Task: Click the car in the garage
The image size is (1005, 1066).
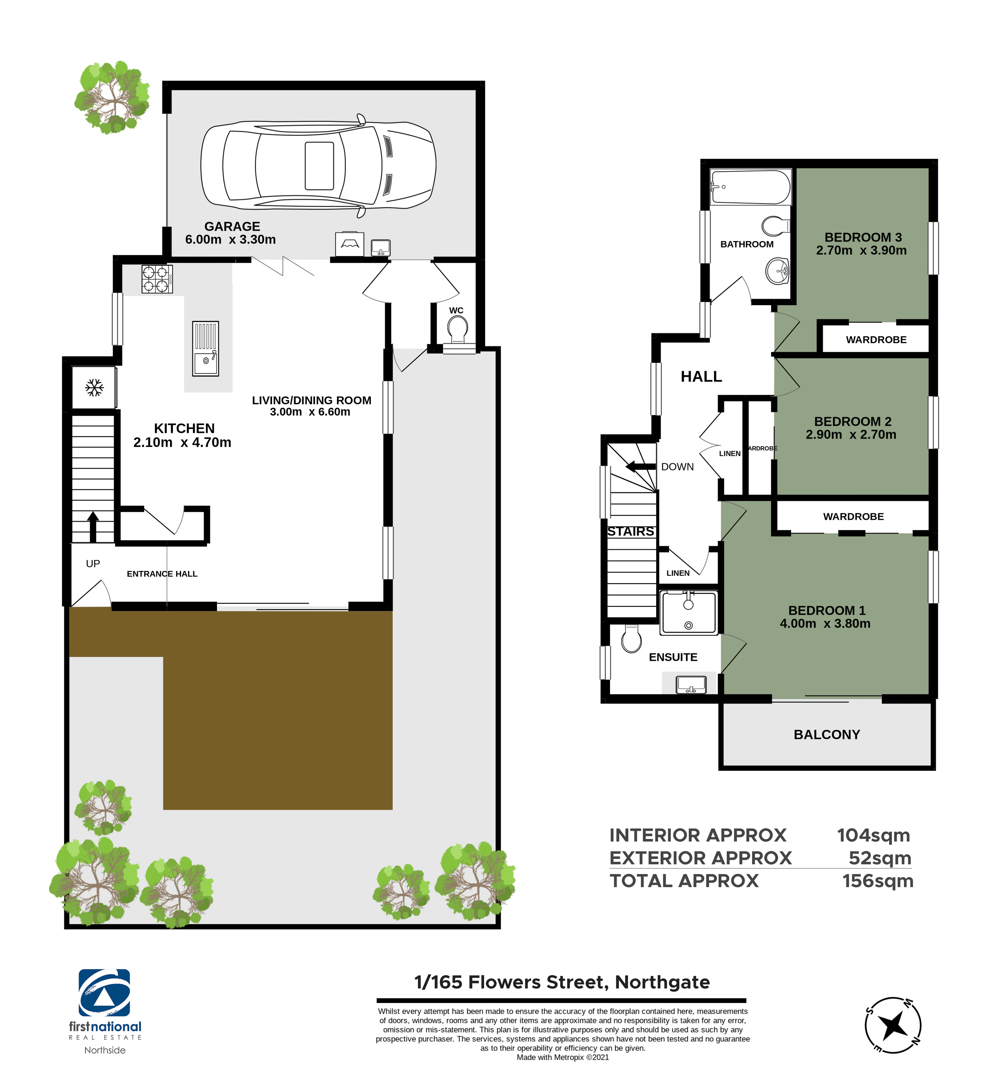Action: [x=318, y=166]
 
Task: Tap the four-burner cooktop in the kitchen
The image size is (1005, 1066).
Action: [x=157, y=279]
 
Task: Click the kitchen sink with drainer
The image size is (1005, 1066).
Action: [x=206, y=349]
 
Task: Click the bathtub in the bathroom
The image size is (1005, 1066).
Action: [x=751, y=187]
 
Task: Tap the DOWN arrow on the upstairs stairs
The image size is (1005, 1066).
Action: [x=641, y=466]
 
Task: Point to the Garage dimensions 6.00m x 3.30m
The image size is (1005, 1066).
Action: [x=230, y=240]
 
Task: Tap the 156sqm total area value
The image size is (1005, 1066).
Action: [x=878, y=881]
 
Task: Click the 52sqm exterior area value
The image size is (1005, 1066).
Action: [x=880, y=858]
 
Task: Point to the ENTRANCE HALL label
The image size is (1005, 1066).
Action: [x=162, y=574]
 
